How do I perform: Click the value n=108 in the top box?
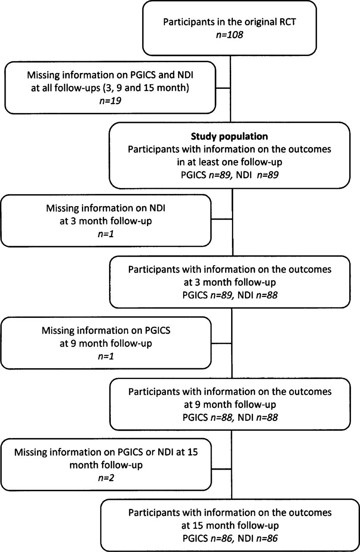229,35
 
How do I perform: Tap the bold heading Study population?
229,136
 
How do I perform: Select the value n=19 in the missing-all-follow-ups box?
110,101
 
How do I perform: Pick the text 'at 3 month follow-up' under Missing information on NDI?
106,221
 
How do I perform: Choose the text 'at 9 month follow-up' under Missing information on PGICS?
106,343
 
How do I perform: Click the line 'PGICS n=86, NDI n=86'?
230,539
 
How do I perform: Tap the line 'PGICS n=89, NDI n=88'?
230,295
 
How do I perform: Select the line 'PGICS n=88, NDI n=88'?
230,417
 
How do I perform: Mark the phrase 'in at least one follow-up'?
229,162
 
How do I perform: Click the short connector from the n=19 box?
223,88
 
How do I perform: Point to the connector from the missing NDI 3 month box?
222,219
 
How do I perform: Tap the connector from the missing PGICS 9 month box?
222,343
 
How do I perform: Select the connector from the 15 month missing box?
222,469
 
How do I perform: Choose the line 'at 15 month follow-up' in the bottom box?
230,526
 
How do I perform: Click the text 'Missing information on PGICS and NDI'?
110,75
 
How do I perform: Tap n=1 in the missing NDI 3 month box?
106,234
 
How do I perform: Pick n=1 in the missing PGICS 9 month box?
106,356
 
